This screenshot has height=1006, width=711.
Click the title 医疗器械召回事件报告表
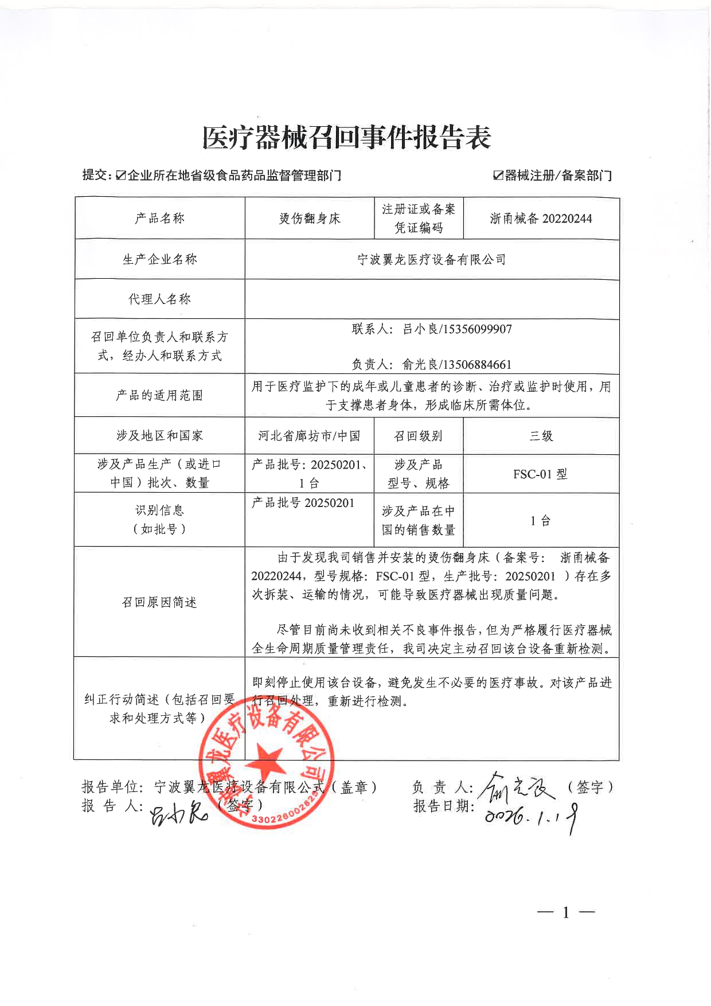coord(347,138)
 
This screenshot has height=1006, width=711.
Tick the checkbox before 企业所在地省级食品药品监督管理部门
coord(120,176)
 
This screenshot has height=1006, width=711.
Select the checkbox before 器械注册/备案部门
coord(498,176)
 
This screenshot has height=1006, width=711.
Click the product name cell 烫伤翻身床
coord(310,219)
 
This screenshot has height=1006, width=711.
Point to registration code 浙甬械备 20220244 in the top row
coord(541,219)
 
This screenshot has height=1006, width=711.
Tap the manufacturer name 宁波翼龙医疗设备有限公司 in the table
coord(431,260)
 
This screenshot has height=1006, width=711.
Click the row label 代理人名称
coord(159,299)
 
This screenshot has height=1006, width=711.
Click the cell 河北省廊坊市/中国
coord(309,436)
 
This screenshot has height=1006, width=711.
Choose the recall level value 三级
coord(541,436)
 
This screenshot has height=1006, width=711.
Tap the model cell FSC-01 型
coord(540,474)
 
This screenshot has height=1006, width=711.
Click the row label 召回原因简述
coord(159,602)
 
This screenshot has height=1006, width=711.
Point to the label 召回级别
coord(418,436)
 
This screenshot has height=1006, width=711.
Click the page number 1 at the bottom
coord(566,913)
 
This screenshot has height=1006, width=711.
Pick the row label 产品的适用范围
coord(159,395)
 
